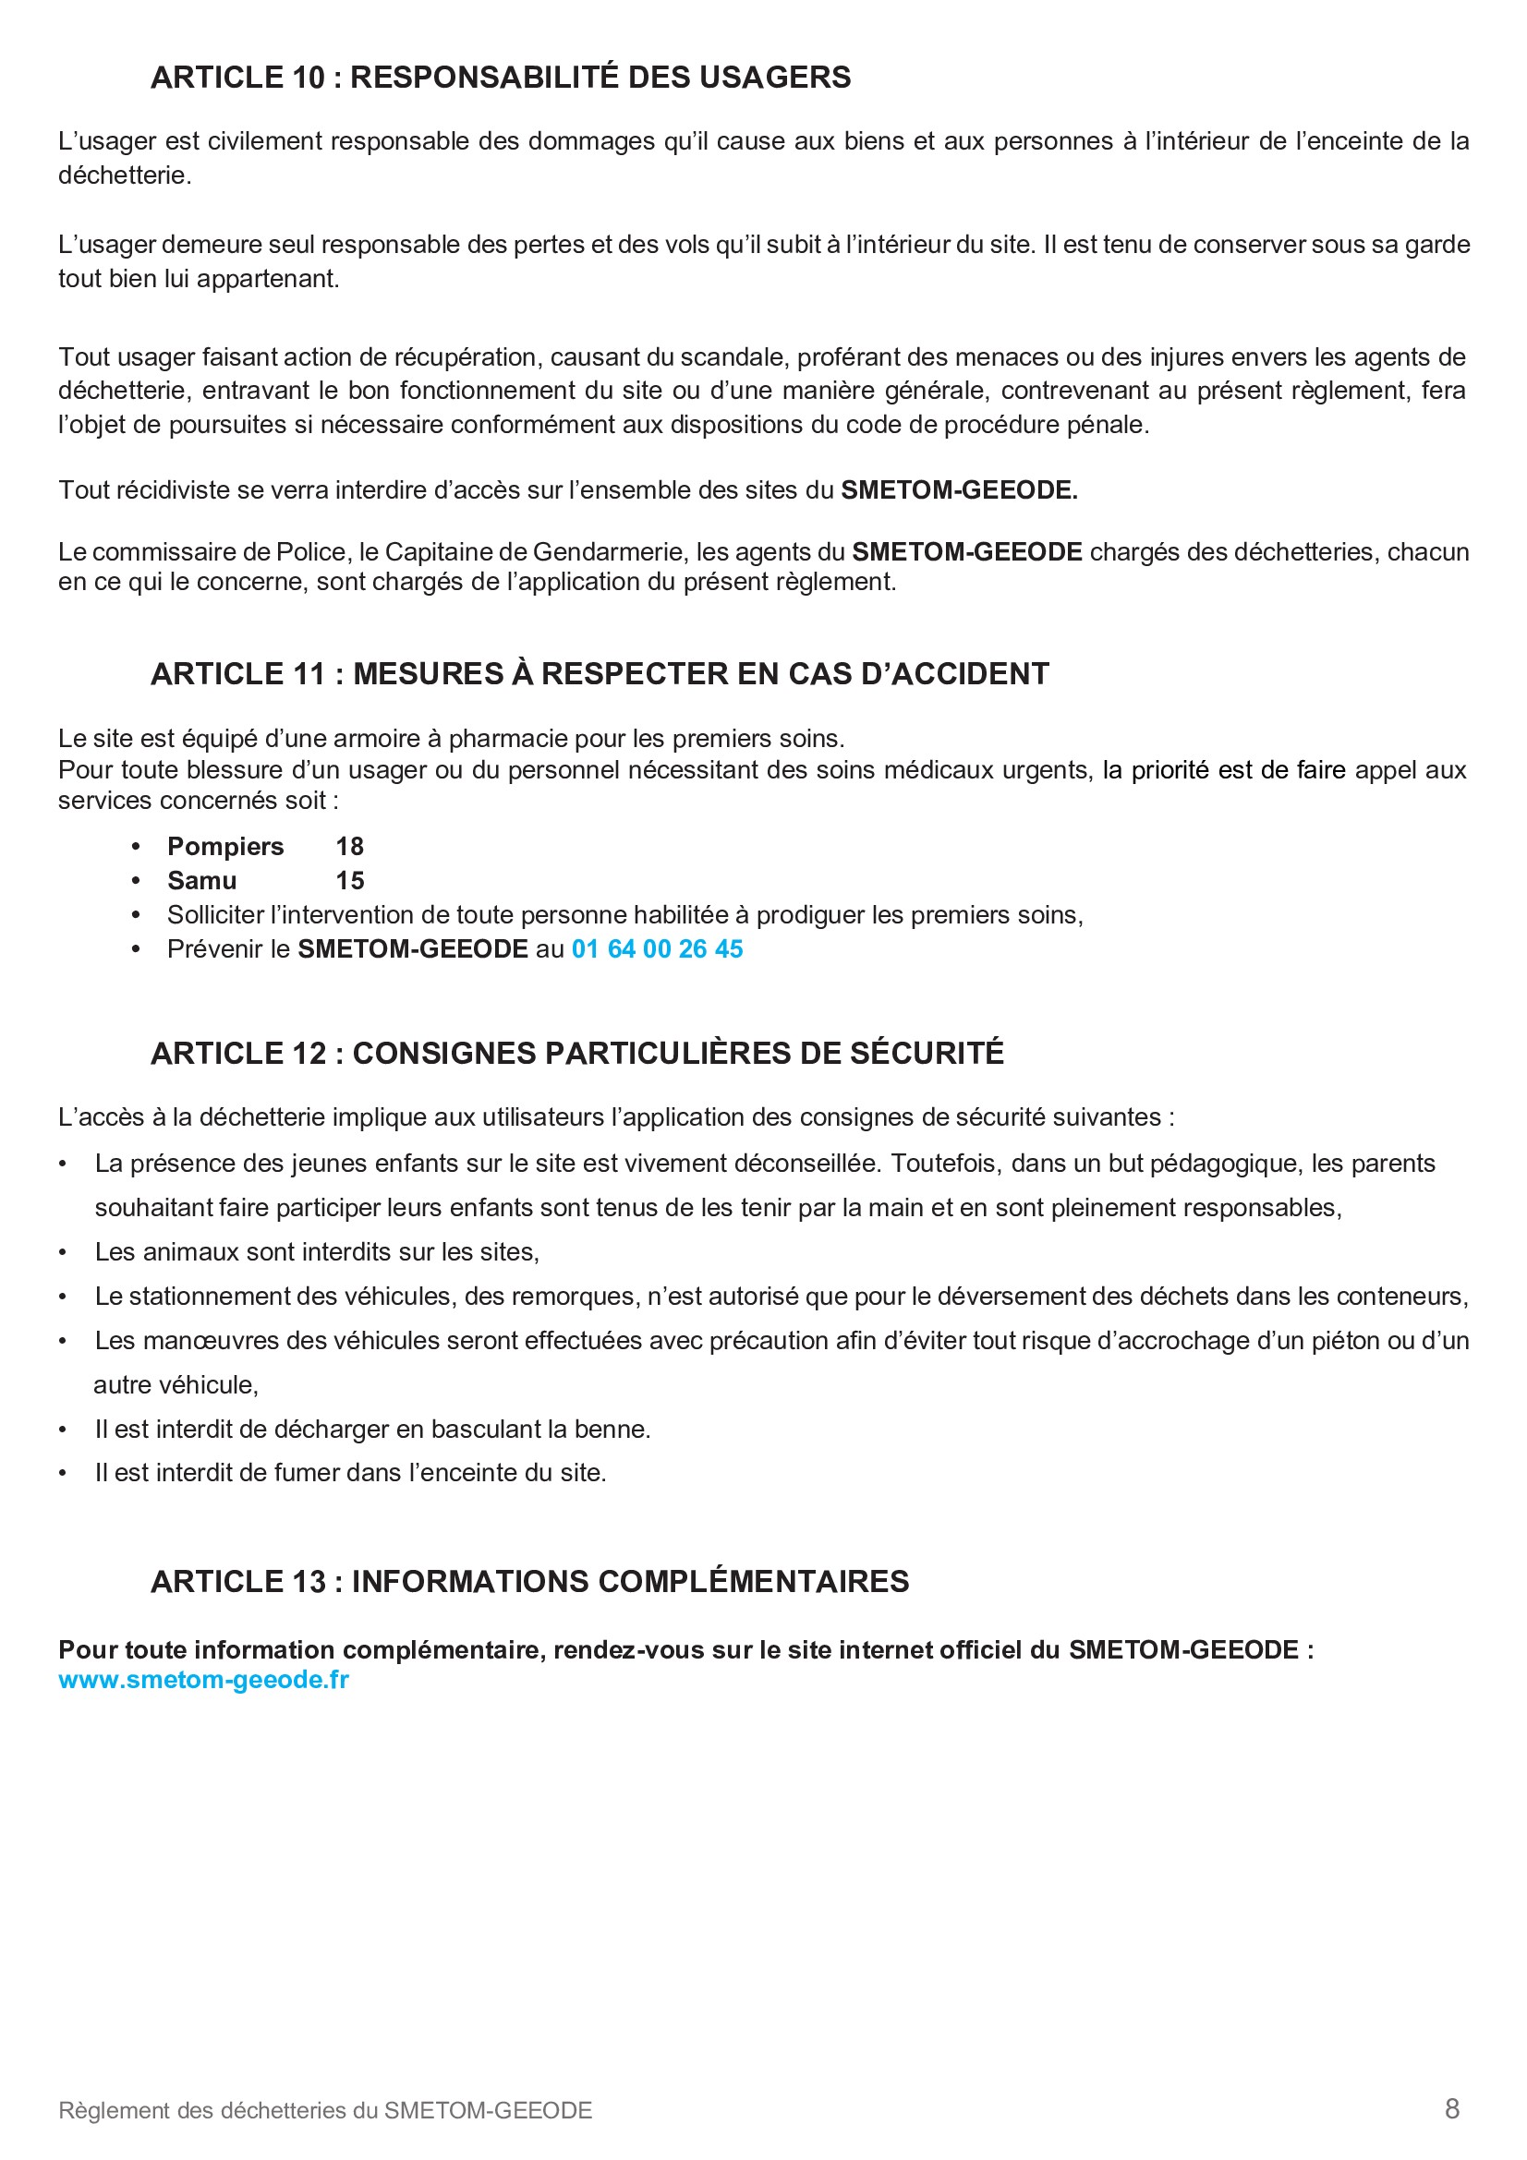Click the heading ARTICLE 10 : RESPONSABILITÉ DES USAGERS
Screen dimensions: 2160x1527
click(501, 78)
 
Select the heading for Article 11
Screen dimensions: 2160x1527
click(600, 673)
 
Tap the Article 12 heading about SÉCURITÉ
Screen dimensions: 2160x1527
click(576, 1053)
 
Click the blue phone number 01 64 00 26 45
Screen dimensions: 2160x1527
click(657, 949)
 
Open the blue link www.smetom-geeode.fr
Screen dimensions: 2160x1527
click(203, 1680)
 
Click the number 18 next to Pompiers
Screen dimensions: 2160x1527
click(349, 847)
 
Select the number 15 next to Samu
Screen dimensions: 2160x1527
click(349, 881)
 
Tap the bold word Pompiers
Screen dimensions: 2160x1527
click(224, 847)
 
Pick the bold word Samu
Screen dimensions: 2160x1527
click(201, 881)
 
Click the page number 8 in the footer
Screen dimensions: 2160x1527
click(1452, 2109)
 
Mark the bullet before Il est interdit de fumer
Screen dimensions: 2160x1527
click(63, 1473)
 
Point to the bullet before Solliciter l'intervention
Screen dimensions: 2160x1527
click(137, 915)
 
